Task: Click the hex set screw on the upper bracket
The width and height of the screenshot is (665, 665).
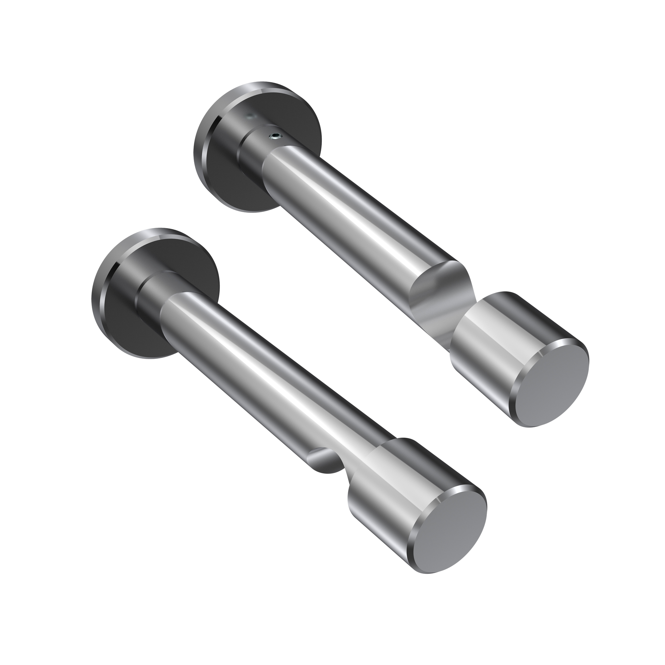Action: tap(275, 136)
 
